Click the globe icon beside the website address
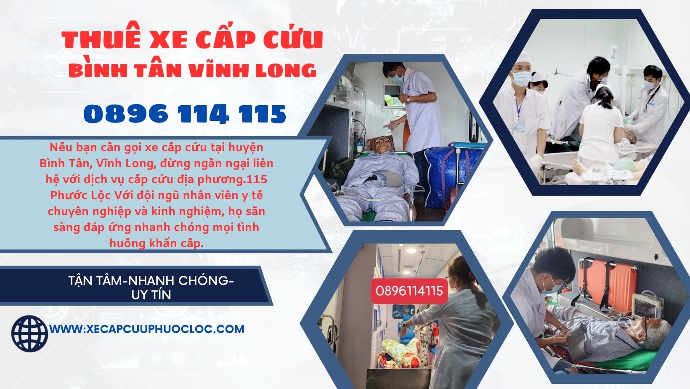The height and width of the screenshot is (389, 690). click(x=29, y=333)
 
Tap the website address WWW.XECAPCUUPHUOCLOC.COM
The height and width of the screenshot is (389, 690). click(x=147, y=329)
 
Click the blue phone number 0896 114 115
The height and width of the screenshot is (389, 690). click(x=185, y=114)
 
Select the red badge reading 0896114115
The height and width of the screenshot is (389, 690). click(x=409, y=290)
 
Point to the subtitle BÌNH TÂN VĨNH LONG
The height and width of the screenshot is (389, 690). click(x=192, y=70)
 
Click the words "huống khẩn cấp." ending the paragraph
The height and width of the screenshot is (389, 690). click(x=157, y=243)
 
